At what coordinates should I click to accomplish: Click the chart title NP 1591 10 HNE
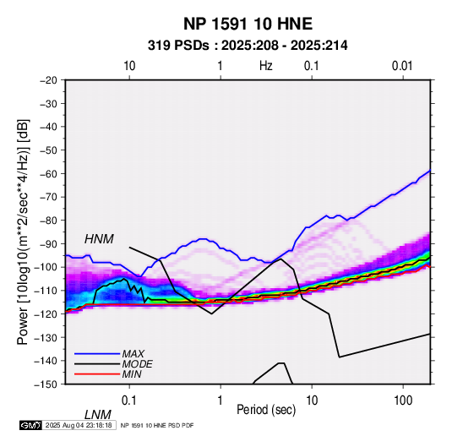248,24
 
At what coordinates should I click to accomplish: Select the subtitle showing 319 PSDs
248,46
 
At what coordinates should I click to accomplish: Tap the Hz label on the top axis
266,66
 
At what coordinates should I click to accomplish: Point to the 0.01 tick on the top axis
402,66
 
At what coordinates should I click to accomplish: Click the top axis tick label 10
129,66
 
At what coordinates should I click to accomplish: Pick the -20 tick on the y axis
48,80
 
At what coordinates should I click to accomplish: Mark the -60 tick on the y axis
48,173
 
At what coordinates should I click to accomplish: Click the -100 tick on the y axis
46,267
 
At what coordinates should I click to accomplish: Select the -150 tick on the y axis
46,384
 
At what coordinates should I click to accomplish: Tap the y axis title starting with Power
23,232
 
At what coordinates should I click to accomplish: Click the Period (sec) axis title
266,410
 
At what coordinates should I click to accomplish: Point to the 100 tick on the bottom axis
403,401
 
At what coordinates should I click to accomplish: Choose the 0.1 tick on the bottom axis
128,401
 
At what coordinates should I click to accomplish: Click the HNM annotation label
99,239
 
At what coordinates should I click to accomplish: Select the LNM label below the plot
97,415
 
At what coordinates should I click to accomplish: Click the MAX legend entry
133,353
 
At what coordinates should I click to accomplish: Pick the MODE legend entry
137,364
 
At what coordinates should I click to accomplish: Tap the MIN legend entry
132,374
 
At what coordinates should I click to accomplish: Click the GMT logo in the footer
31,425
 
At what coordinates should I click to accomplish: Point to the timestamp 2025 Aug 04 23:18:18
79,425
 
